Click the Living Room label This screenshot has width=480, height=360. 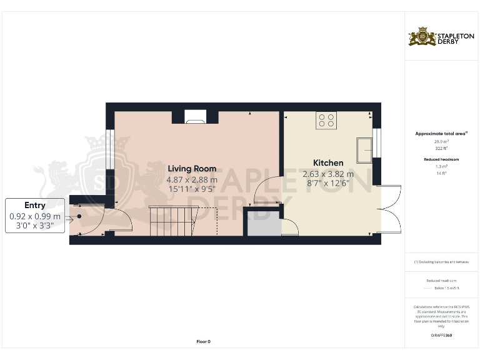click(x=192, y=168)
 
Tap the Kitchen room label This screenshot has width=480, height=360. click(x=328, y=162)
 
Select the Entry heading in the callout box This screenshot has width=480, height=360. click(x=35, y=205)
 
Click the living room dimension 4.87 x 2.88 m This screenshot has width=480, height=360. click(x=192, y=179)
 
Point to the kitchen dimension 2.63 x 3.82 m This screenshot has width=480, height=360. click(x=328, y=174)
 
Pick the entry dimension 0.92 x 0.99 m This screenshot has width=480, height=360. click(x=35, y=216)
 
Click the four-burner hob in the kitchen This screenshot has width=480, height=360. click(x=326, y=119)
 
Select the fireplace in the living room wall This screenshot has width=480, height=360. click(x=195, y=116)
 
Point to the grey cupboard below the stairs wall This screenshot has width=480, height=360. click(x=262, y=224)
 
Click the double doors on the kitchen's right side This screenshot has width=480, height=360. click(x=391, y=209)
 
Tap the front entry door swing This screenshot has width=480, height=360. click(x=119, y=220)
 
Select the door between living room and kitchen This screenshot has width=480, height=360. click(x=267, y=191)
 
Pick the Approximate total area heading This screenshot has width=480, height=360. click(x=441, y=133)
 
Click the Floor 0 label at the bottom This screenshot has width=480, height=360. click(x=204, y=341)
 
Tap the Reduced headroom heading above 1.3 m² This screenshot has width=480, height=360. click(x=441, y=160)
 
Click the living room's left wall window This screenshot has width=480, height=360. click(x=108, y=149)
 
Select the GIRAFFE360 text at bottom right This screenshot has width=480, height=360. click(x=441, y=336)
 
